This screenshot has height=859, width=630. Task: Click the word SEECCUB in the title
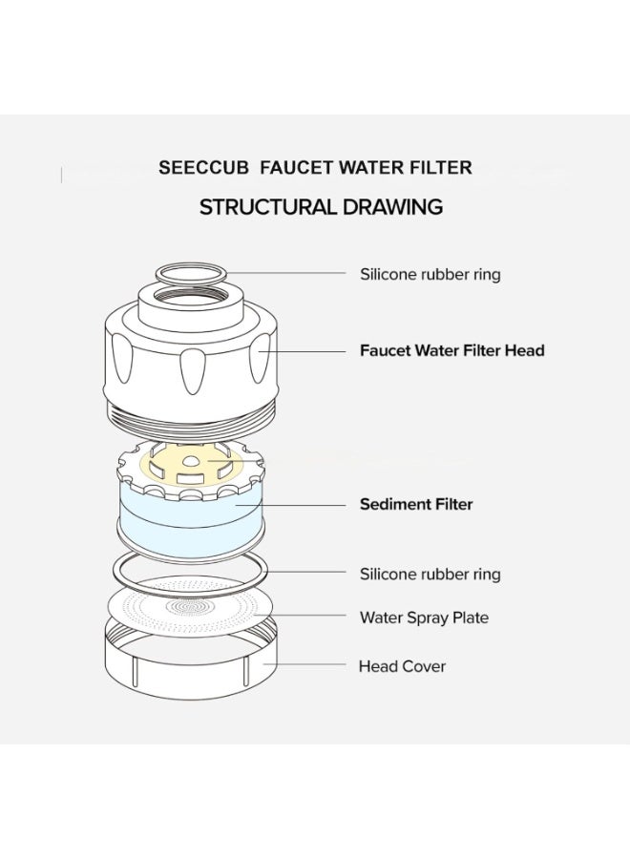pyautogui.click(x=203, y=168)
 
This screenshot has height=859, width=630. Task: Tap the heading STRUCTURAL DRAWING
pyautogui.click(x=321, y=207)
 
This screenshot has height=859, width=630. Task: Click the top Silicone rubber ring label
pyautogui.click(x=430, y=274)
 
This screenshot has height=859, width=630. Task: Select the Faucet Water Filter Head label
pyautogui.click(x=451, y=350)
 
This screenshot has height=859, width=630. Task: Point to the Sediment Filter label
pyautogui.click(x=415, y=504)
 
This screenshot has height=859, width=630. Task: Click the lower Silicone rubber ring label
pyautogui.click(x=430, y=574)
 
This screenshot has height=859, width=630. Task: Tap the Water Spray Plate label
pyautogui.click(x=424, y=618)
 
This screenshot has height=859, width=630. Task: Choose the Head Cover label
pyautogui.click(x=402, y=665)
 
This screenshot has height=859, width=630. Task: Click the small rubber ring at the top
pyautogui.click(x=192, y=274)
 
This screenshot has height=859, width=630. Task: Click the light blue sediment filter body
pyautogui.click(x=191, y=515)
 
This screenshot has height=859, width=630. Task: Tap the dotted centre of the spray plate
pyautogui.click(x=191, y=605)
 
